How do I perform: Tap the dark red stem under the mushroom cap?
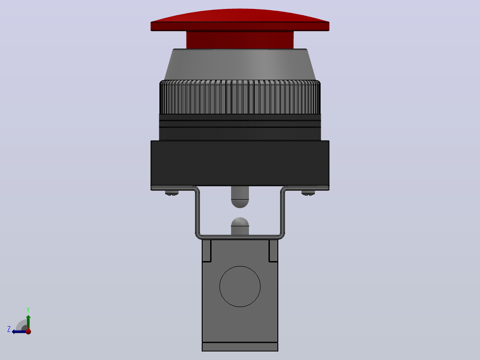click(x=240, y=40)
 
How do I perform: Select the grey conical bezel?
click(x=240, y=64)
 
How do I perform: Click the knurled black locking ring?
click(x=240, y=97)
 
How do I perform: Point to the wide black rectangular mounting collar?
click(x=240, y=163)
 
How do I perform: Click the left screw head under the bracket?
click(x=172, y=193)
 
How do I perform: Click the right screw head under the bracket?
click(x=308, y=193)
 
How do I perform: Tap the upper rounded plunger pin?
click(x=240, y=197)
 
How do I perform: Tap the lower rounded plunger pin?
click(x=240, y=226)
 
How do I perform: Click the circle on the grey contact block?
click(x=240, y=286)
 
